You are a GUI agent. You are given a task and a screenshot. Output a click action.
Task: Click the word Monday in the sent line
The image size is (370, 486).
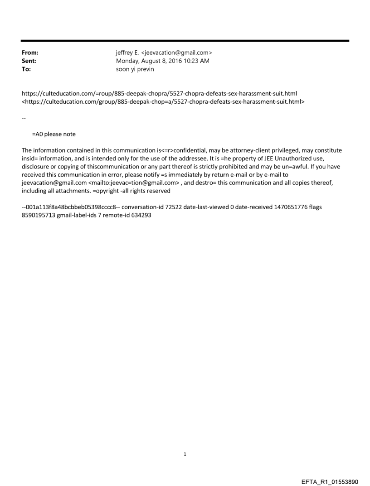pyautogui.click(x=128, y=60)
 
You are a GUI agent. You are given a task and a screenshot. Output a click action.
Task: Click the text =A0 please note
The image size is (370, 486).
pyautogui.click(x=54, y=134)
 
